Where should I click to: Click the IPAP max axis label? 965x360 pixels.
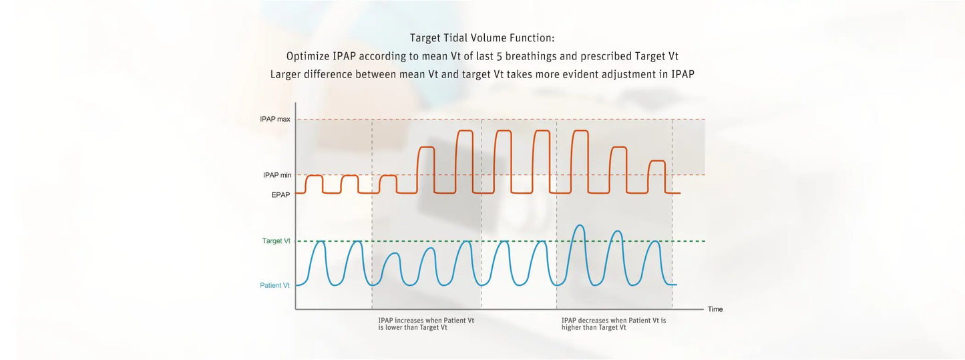(275, 120)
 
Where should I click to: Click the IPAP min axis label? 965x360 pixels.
(277, 175)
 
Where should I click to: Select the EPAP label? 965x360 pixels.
(280, 195)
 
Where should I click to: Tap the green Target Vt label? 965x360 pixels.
(276, 240)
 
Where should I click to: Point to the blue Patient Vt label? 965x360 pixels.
(274, 285)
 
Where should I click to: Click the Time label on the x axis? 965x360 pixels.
(715, 309)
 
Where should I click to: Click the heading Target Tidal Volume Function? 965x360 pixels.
(482, 38)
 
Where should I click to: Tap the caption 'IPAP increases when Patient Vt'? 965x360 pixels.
(426, 321)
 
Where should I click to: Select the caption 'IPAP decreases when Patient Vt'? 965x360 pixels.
(614, 321)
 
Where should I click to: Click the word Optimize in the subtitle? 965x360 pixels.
(308, 56)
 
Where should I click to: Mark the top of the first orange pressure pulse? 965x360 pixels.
(314, 176)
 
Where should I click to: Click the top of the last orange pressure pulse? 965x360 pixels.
(657, 161)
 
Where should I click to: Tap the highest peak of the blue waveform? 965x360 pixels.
(580, 225)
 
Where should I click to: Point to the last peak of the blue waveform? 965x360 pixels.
(655, 241)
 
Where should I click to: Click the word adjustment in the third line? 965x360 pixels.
(628, 75)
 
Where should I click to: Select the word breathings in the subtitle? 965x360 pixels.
(525, 56)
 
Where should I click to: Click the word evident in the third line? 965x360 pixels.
(581, 75)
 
